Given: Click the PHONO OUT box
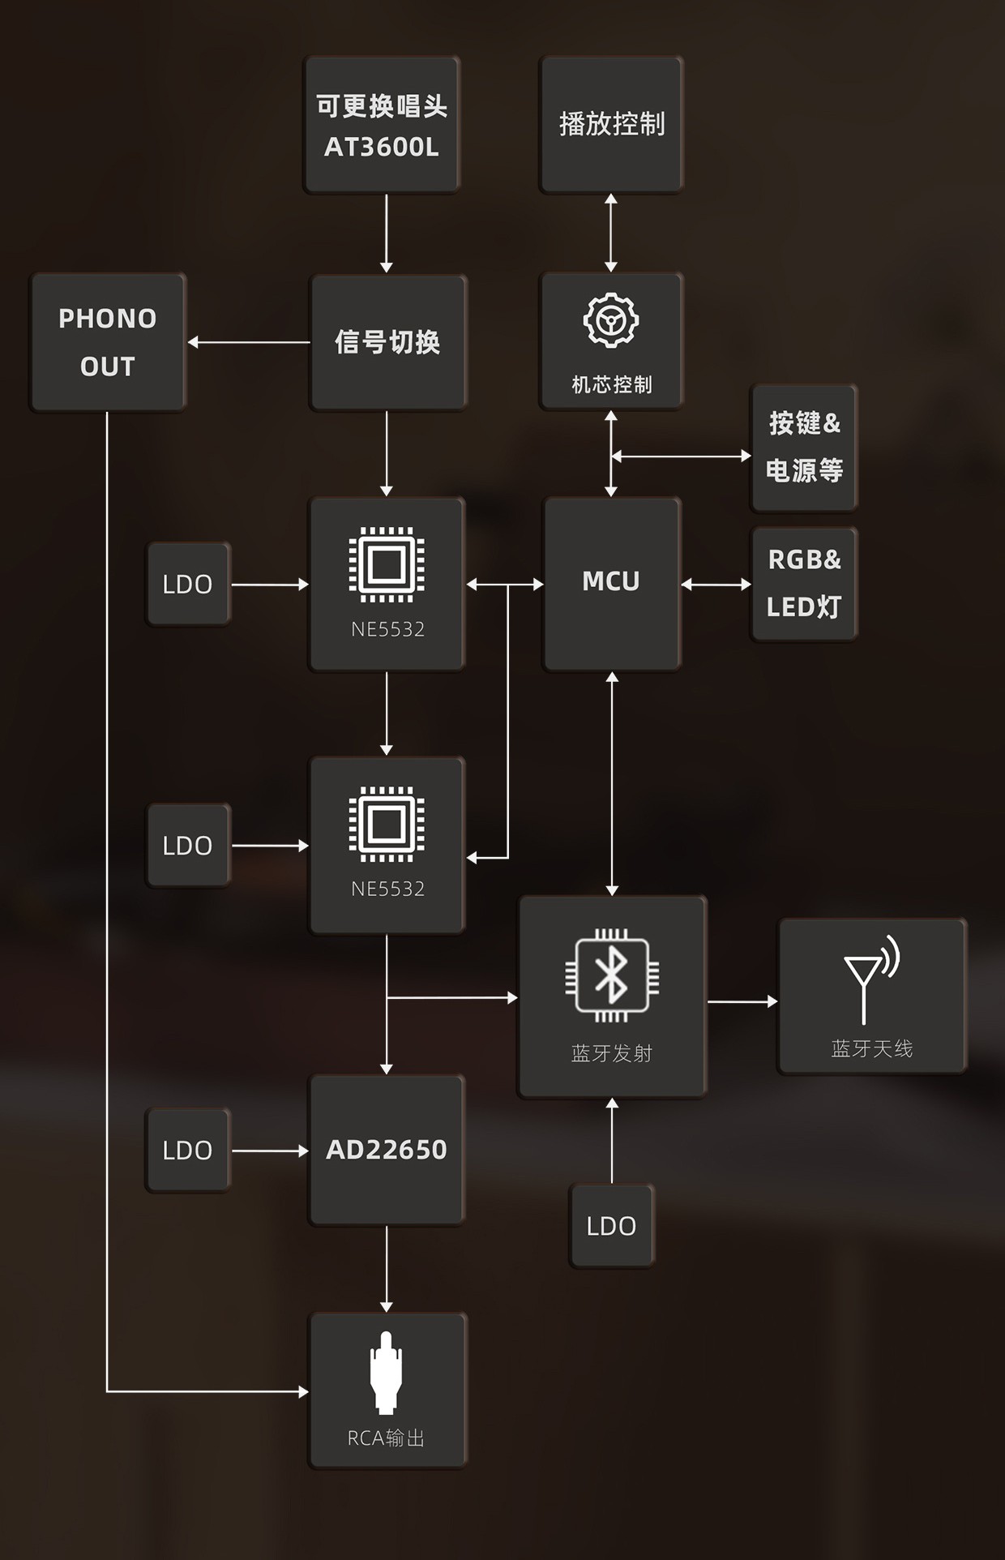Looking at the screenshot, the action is pyautogui.click(x=108, y=342).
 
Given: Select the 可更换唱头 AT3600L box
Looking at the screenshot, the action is pyautogui.click(x=382, y=125).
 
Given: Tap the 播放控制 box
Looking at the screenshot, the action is pyautogui.click(x=611, y=125).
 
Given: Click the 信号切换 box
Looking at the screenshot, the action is pyautogui.click(x=387, y=342).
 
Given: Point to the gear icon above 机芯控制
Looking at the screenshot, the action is pyautogui.click(x=611, y=320).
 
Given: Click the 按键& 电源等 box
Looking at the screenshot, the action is pyautogui.click(x=804, y=448).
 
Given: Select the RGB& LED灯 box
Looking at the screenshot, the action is pyautogui.click(x=804, y=584).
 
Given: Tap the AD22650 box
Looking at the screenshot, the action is pyautogui.click(x=387, y=1150).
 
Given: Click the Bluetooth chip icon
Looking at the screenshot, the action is pyautogui.click(x=612, y=975).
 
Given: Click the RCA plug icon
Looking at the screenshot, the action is pyautogui.click(x=387, y=1372).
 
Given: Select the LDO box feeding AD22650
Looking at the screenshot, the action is pyautogui.click(x=188, y=1150).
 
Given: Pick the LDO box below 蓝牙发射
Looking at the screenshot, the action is pyautogui.click(x=612, y=1225).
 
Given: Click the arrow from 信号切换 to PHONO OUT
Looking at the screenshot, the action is pyautogui.click(x=249, y=342).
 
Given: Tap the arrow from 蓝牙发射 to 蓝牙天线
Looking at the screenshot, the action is pyautogui.click(x=742, y=1001).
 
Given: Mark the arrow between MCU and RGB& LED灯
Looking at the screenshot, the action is pyautogui.click(x=716, y=584).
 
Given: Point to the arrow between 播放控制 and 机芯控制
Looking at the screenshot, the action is pyautogui.click(x=611, y=233).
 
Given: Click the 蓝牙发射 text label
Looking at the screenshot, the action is pyautogui.click(x=612, y=1053).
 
